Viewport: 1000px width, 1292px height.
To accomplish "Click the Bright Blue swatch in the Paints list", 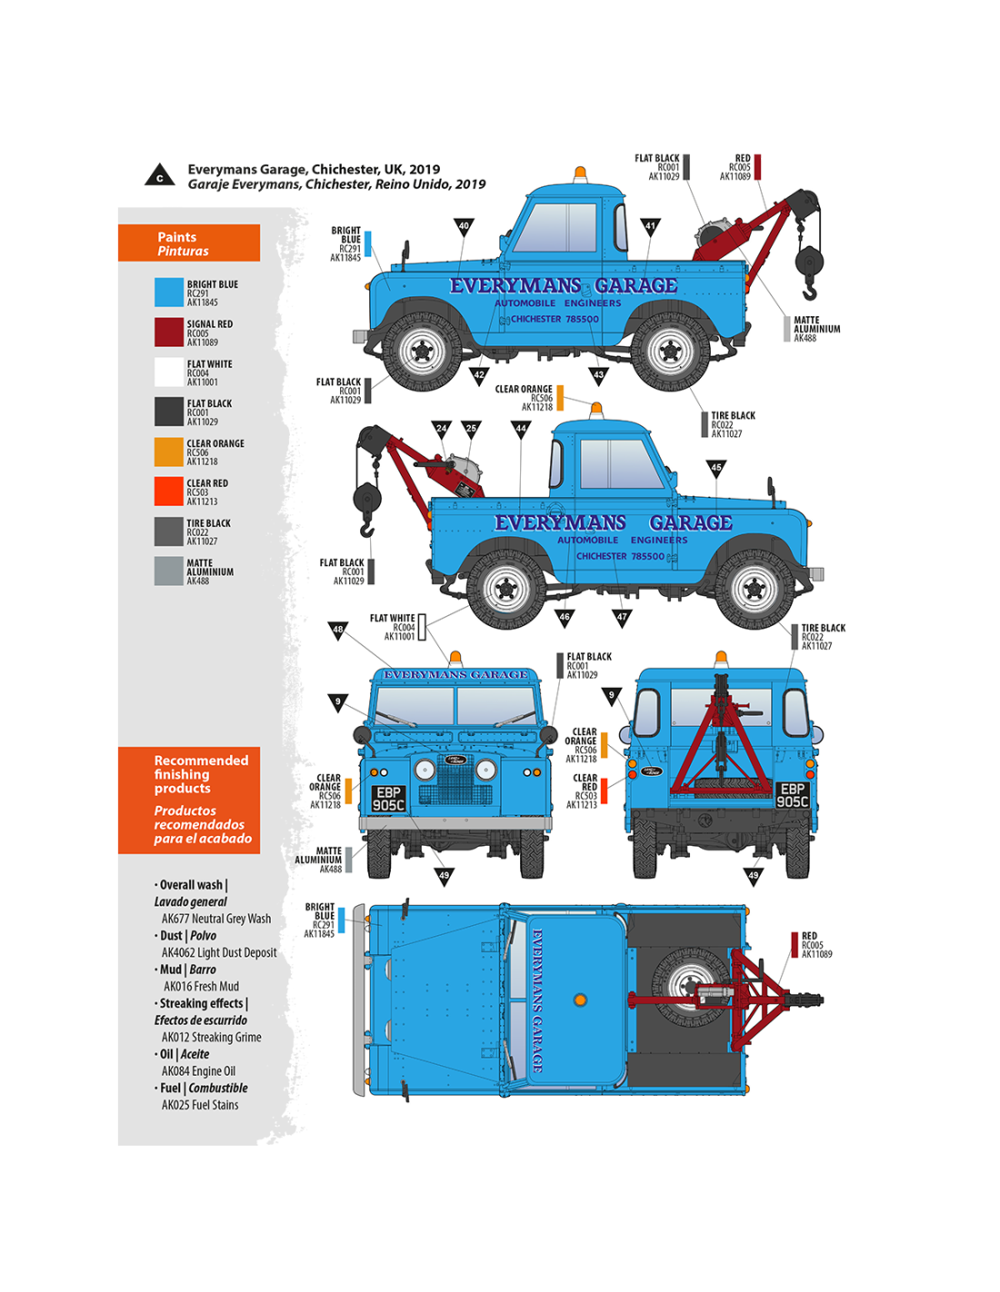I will click(x=169, y=292).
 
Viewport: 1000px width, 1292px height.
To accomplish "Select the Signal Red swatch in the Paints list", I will click(x=169, y=332).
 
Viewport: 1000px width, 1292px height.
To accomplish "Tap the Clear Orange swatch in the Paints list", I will click(x=169, y=452).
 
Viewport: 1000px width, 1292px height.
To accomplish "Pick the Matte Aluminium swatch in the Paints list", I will click(x=169, y=571).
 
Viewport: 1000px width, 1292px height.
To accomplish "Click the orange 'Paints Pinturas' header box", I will click(x=189, y=243).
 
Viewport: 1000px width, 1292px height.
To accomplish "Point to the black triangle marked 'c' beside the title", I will click(x=160, y=175).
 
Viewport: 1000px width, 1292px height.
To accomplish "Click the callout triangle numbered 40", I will click(x=464, y=226).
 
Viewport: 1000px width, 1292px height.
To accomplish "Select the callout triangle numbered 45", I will click(x=716, y=468).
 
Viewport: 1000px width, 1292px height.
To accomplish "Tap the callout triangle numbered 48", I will click(x=338, y=629).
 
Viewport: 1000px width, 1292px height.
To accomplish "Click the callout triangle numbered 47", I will click(x=622, y=617).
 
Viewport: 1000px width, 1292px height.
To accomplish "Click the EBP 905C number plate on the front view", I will click(x=388, y=799).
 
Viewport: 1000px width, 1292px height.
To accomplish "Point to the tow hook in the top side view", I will click(x=809, y=290).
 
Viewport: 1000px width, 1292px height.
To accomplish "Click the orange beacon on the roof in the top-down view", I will click(x=580, y=1000).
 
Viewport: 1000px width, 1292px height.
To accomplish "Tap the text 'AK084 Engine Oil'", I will click(x=198, y=1071).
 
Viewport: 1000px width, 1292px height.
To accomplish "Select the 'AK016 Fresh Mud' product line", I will click(x=201, y=986).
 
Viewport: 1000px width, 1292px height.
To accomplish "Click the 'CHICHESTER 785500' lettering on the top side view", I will click(x=554, y=319).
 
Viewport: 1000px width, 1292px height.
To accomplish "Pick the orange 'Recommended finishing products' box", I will click(x=189, y=800).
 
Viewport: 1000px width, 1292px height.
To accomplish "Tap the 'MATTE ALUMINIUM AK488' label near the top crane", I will click(x=815, y=329).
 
